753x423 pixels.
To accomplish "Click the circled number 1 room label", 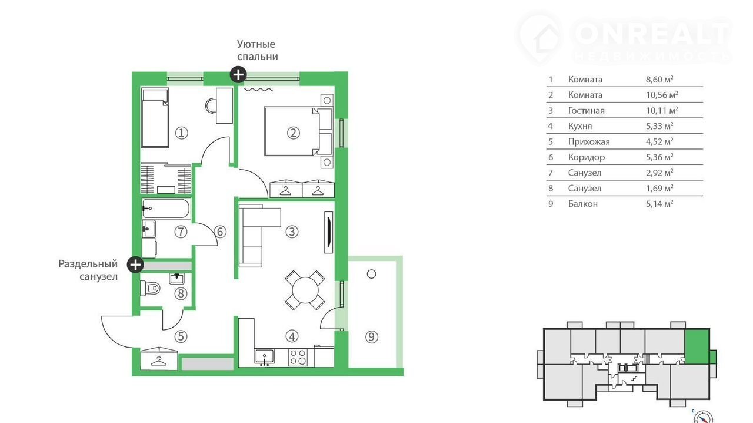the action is pyautogui.click(x=182, y=133).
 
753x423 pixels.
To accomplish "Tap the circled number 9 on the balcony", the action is pyautogui.click(x=371, y=337).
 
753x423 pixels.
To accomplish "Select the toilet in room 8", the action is pyautogui.click(x=150, y=288).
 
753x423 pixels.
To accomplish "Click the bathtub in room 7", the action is pyautogui.click(x=166, y=209).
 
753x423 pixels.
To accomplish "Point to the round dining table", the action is pyautogui.click(x=305, y=290).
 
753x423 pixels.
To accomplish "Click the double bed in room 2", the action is pyautogui.click(x=298, y=131).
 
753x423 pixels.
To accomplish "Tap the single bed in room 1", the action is pyautogui.click(x=155, y=118).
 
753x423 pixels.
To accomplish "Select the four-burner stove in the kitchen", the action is pyautogui.click(x=298, y=358).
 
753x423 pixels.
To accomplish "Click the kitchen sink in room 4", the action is pyautogui.click(x=265, y=358).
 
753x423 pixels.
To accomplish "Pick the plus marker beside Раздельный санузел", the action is pyautogui.click(x=135, y=265).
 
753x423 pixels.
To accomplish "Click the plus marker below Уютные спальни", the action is pyautogui.click(x=238, y=74).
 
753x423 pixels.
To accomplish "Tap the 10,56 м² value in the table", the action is pyautogui.click(x=662, y=95).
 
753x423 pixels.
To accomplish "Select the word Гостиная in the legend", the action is pyautogui.click(x=587, y=111).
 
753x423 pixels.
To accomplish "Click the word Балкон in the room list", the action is pyautogui.click(x=583, y=204).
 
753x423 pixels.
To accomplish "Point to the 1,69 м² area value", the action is pyautogui.click(x=659, y=189).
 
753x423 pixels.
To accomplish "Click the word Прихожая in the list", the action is pyautogui.click(x=589, y=142).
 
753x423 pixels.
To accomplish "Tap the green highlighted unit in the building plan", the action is pyautogui.click(x=697, y=347).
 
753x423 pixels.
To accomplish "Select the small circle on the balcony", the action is pyautogui.click(x=371, y=274).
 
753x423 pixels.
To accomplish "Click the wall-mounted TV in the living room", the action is pyautogui.click(x=328, y=232).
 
